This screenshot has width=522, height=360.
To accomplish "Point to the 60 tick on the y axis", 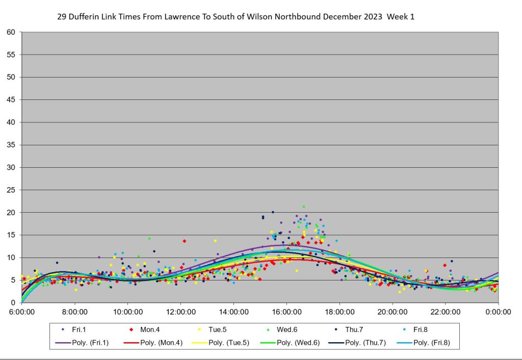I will click(x=11, y=32).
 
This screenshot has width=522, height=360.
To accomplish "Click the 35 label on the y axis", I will click(x=11, y=145).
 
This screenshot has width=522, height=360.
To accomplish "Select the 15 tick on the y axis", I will click(x=11, y=235).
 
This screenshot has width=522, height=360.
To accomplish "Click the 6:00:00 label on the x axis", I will click(x=21, y=311).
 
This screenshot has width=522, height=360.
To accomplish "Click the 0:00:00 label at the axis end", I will click(x=498, y=311).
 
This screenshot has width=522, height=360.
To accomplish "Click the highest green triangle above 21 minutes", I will click(x=304, y=207).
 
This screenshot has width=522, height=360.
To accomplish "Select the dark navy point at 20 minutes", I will click(x=273, y=212).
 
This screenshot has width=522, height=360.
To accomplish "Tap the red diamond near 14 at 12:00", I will click(x=185, y=241).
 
